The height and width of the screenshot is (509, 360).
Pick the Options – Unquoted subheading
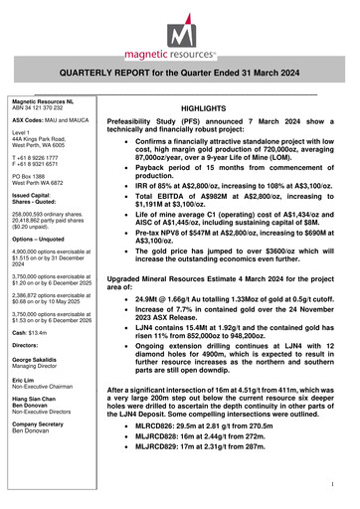(x=36, y=268)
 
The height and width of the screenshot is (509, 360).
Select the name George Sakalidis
(x=36, y=386)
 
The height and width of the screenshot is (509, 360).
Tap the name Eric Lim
(x=21, y=409)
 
